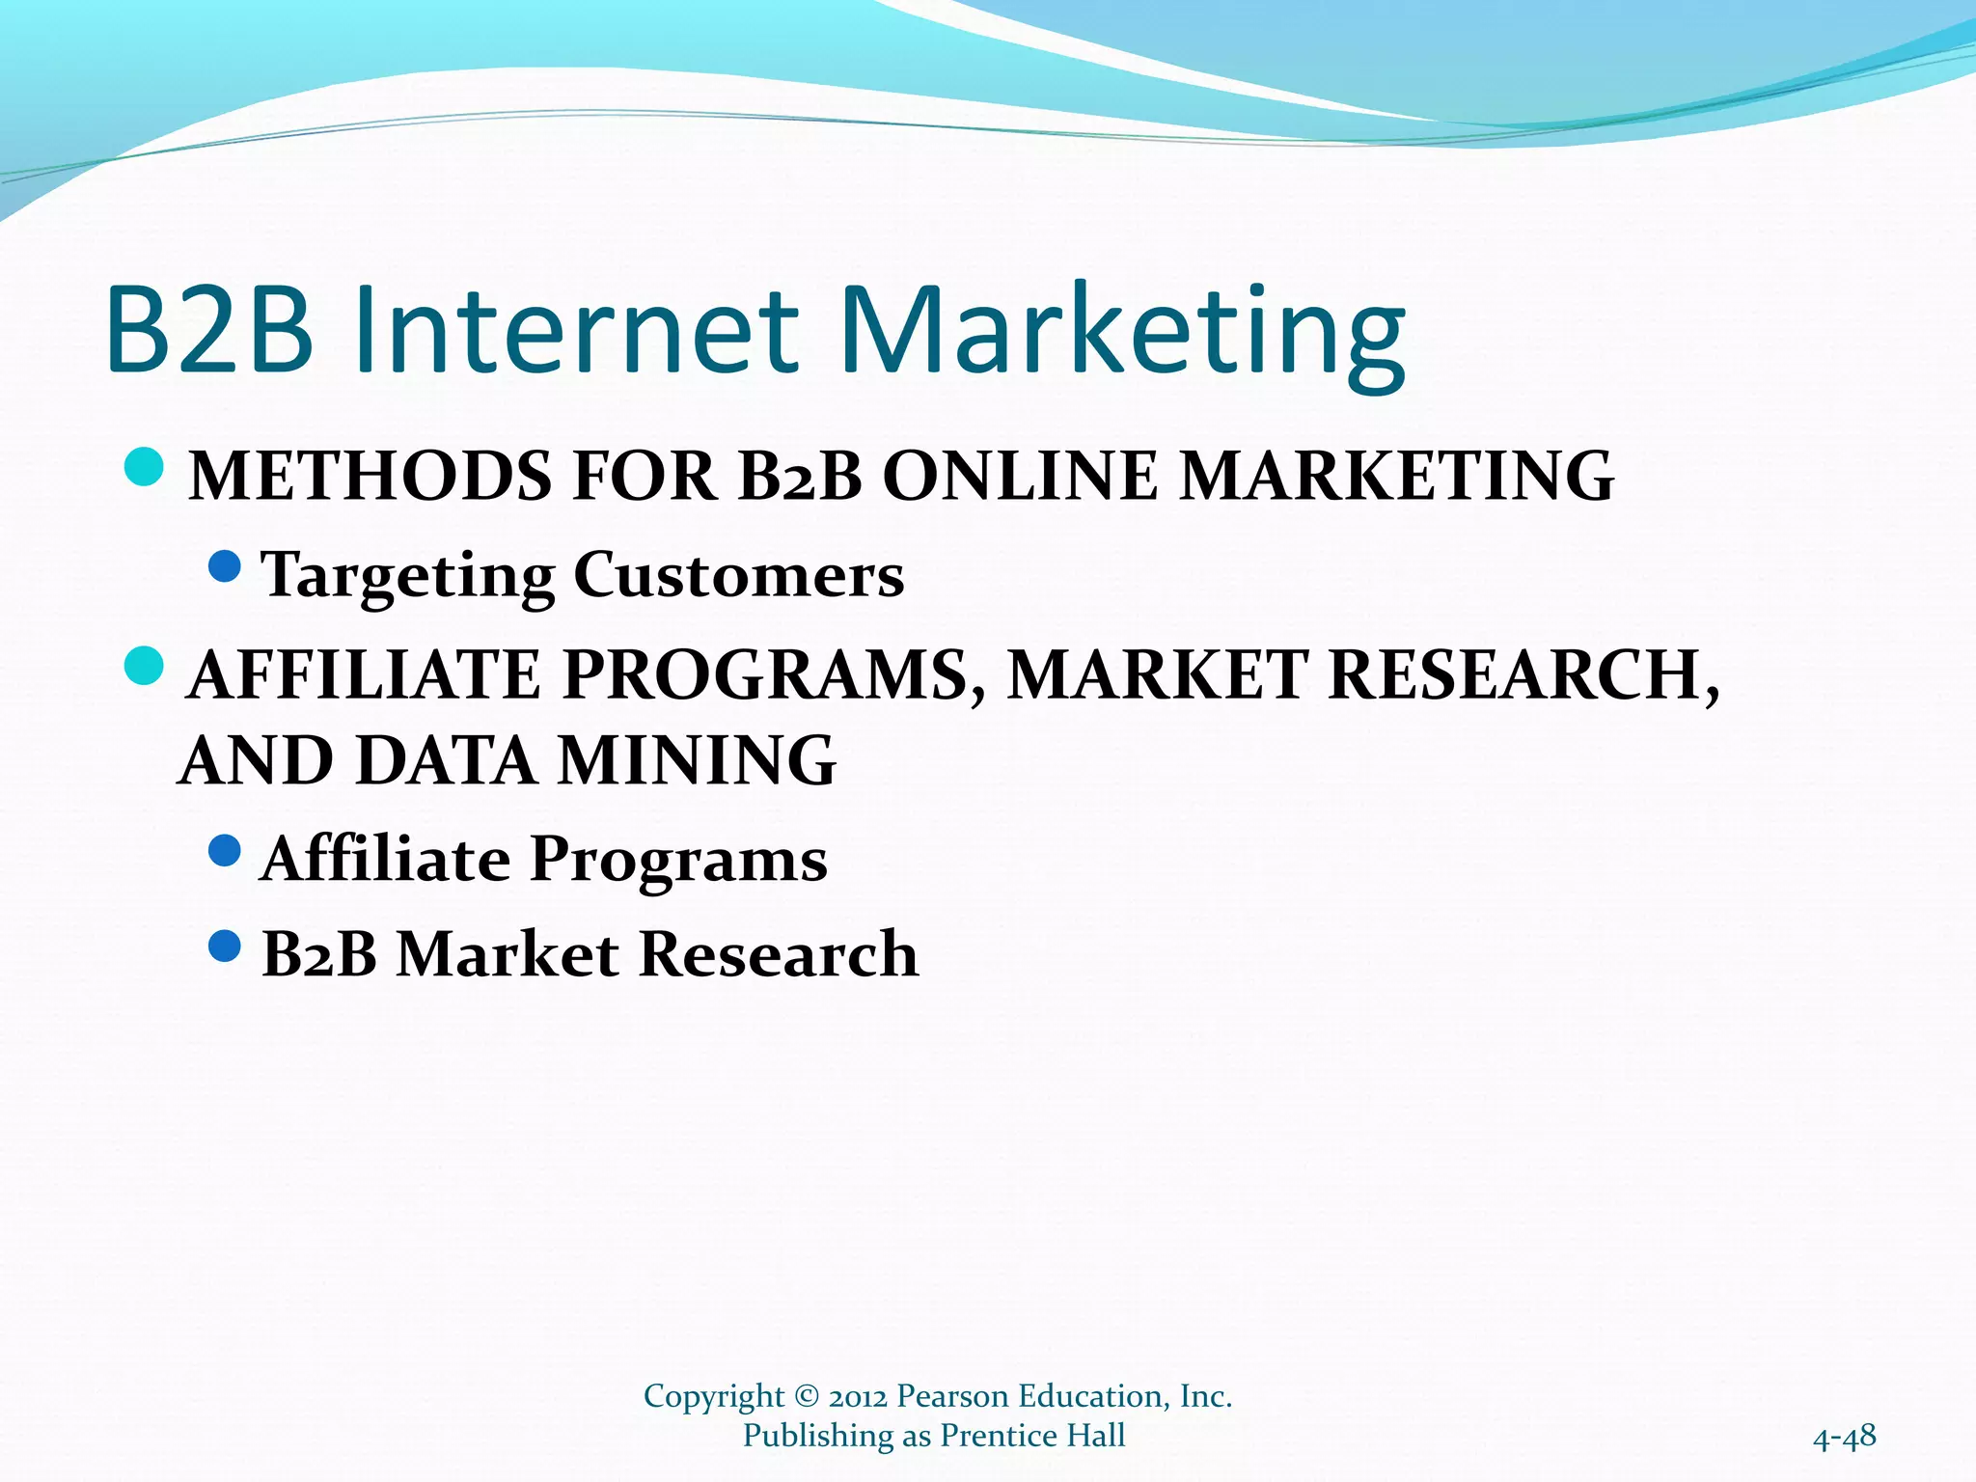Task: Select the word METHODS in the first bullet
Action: [x=370, y=477]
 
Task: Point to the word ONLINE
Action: [x=1020, y=477]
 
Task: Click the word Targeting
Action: [x=408, y=576]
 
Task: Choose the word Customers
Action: [x=739, y=575]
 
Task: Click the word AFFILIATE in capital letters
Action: [x=365, y=674]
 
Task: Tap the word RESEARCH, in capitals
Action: [x=1523, y=674]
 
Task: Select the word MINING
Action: [x=697, y=761]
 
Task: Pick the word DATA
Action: [x=446, y=761]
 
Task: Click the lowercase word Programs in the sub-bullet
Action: [x=678, y=860]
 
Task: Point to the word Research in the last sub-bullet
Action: [x=779, y=954]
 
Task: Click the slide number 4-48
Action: [x=1844, y=1438]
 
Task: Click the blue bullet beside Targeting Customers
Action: [x=225, y=566]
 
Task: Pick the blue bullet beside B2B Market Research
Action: [x=225, y=946]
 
